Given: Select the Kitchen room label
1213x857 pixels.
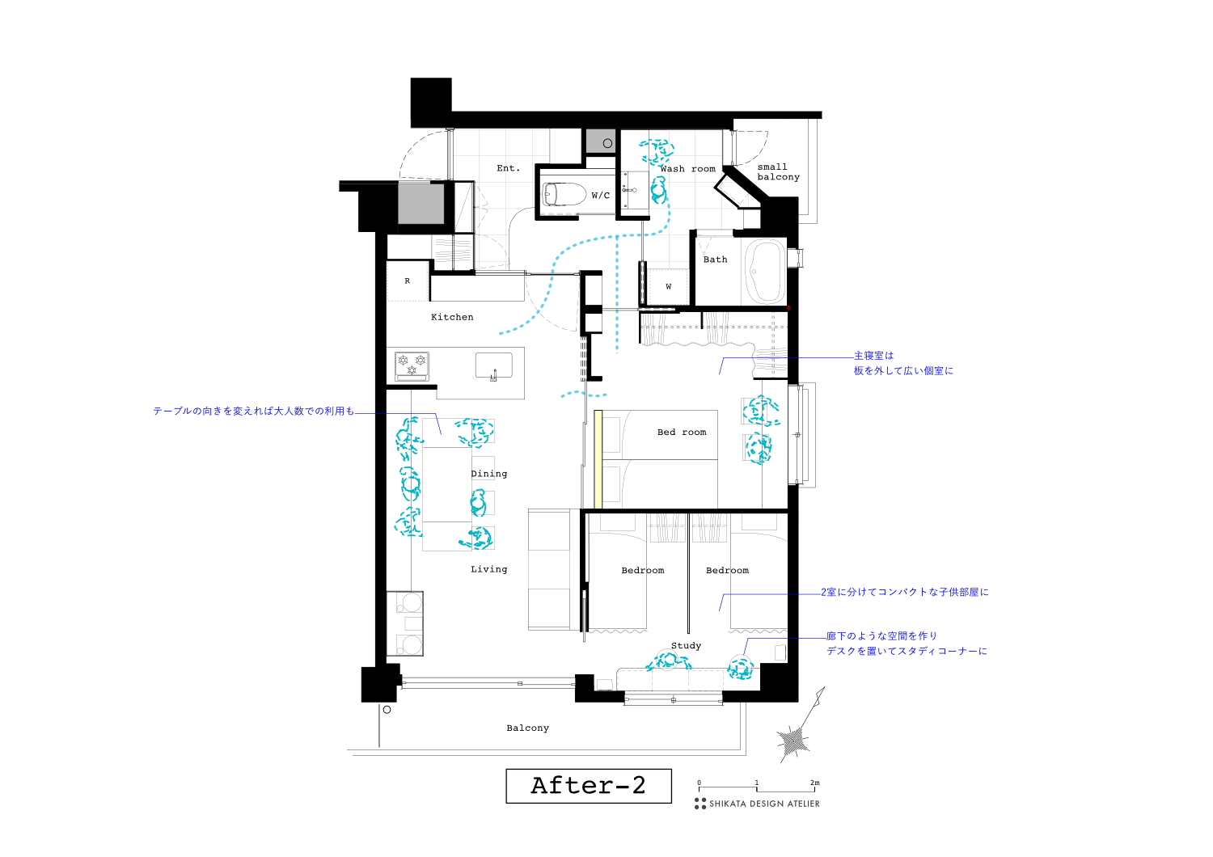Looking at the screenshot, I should (452, 317).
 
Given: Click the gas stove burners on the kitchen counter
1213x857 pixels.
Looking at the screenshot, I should (412, 365).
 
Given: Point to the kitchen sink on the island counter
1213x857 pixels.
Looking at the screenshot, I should (493, 366).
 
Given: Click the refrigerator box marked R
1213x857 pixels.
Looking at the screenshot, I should (408, 281).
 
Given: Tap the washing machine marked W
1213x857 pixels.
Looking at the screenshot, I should (668, 286).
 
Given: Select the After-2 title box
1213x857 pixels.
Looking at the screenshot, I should (589, 786).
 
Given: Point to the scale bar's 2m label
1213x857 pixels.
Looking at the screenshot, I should (814, 783).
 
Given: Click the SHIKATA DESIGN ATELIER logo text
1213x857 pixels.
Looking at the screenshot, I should (763, 804).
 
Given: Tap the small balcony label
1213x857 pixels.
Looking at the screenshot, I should (778, 172).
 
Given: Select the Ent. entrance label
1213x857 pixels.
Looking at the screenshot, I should (508, 168).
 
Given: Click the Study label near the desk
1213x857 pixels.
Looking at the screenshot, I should (686, 645).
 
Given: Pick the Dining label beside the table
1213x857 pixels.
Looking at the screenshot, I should (489, 474).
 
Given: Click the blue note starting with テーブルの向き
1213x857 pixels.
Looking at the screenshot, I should (253, 411).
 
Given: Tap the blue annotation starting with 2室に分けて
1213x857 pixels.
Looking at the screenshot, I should (904, 592).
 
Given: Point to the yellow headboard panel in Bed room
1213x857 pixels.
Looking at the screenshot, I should (598, 459).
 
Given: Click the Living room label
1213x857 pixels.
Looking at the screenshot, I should (488, 569).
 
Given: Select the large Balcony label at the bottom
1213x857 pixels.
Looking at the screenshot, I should (527, 728).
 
